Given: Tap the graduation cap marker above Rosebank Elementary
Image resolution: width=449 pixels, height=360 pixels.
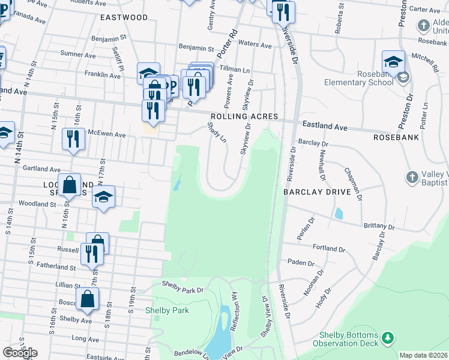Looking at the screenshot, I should (393, 61).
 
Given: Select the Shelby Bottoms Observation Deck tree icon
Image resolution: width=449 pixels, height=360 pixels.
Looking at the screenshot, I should (388, 338).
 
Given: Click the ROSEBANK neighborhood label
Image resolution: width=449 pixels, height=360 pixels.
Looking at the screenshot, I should (395, 137).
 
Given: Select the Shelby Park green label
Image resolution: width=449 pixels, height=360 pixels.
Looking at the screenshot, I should (167, 310).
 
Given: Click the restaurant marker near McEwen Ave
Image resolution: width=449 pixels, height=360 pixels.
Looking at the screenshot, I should (73, 139).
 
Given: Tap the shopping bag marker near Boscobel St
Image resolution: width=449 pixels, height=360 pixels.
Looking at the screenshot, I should (88, 299).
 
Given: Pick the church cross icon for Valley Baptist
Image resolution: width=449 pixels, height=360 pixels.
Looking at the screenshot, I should (412, 177).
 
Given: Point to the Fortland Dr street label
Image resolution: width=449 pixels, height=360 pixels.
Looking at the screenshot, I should (329, 248).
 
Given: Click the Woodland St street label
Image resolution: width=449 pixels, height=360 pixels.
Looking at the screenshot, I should (37, 204).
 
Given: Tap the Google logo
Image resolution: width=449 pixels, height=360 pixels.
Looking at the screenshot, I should (20, 353).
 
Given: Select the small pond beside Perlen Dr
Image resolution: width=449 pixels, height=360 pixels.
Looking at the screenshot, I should (339, 213).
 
